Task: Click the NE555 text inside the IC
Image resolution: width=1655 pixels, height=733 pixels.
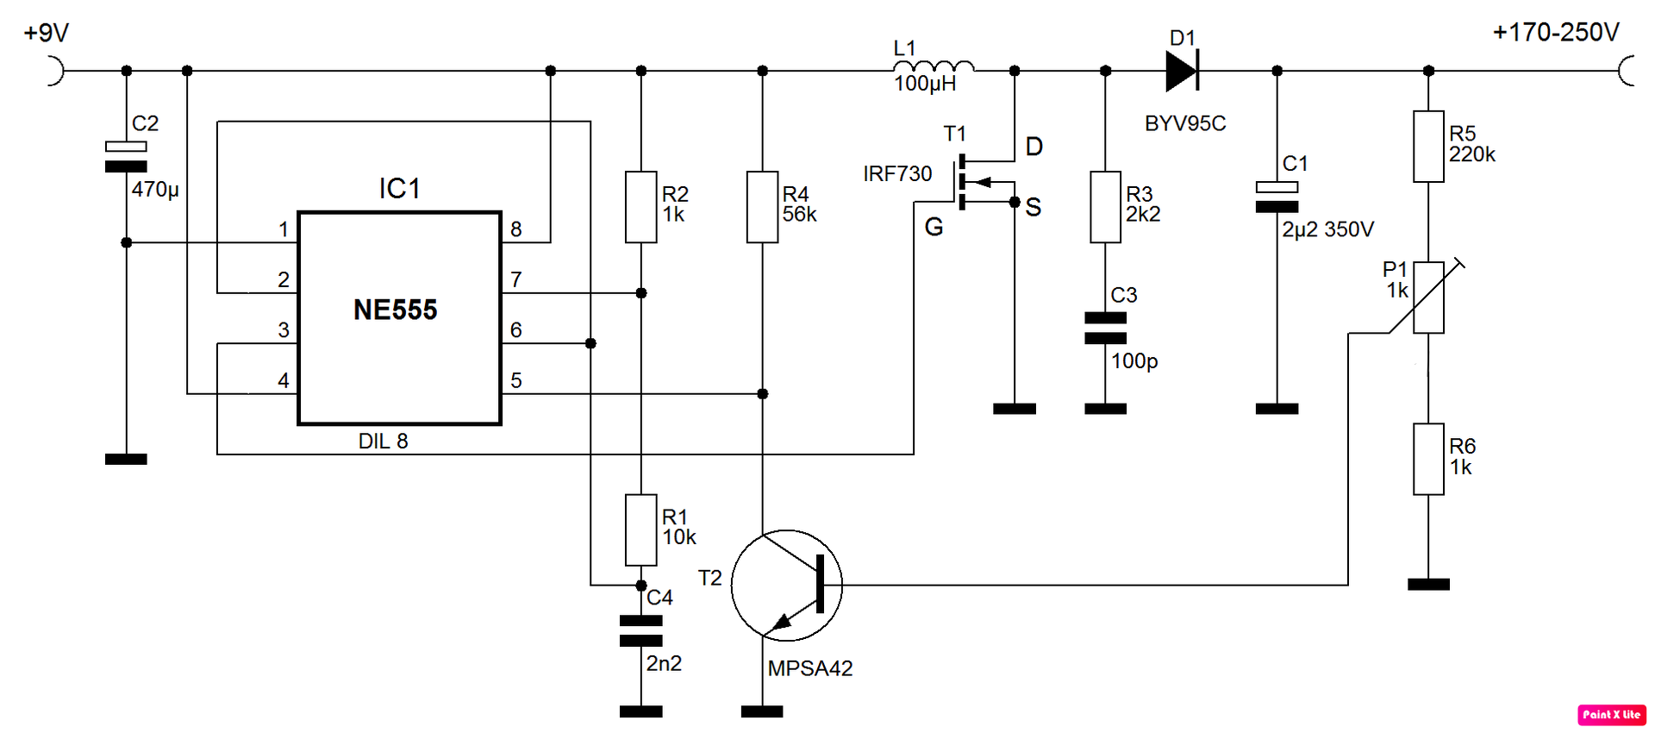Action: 396,310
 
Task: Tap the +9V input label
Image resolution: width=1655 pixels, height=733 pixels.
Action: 47,33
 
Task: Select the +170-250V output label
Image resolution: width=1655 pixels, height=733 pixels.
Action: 1556,33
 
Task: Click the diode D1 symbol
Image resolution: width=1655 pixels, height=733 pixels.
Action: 1182,71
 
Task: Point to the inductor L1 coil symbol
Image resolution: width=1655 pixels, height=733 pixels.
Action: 934,66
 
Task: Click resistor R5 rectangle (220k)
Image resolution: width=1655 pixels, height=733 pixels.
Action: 1428,147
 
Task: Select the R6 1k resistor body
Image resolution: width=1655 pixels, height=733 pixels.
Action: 1428,459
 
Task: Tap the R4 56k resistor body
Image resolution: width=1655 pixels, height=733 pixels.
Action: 763,207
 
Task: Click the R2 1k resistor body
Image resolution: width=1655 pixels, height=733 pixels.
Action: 641,207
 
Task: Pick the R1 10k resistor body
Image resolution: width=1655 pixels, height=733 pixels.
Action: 641,530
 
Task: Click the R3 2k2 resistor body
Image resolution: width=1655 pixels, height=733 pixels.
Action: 1106,207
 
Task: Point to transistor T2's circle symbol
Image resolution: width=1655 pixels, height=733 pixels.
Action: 787,530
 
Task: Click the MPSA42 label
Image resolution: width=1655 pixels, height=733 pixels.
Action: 810,668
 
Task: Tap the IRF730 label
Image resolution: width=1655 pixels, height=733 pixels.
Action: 897,174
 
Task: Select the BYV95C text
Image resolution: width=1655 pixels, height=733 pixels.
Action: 1185,123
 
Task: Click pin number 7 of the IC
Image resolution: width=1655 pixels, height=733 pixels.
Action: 516,279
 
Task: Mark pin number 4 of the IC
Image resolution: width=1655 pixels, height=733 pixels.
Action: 284,380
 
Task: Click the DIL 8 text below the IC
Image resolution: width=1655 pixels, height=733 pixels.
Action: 384,442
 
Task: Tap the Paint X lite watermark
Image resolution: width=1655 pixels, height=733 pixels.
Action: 1612,715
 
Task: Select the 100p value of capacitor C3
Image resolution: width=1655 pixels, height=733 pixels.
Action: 1134,361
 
